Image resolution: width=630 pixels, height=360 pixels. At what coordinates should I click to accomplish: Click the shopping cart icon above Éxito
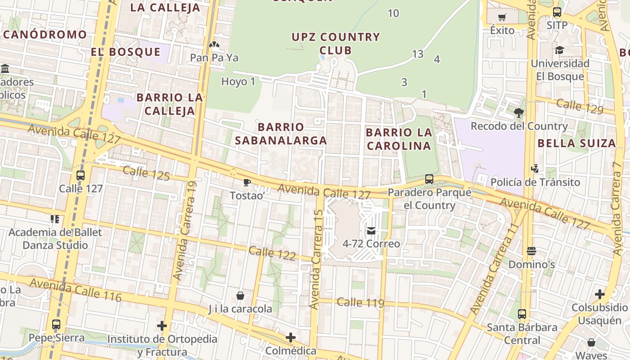pyautogui.click(x=502, y=18)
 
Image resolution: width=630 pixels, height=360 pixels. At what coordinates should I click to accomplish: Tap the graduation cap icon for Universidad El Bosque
pyautogui.click(x=559, y=50)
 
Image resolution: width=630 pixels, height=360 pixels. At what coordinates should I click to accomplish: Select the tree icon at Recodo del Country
pyautogui.click(x=519, y=112)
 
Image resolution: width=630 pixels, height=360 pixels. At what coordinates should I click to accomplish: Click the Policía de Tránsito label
pyautogui.click(x=535, y=182)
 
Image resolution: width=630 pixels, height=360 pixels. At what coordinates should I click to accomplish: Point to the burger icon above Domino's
pyautogui.click(x=531, y=251)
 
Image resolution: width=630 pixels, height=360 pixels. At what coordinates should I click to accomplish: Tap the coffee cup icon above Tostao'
pyautogui.click(x=246, y=182)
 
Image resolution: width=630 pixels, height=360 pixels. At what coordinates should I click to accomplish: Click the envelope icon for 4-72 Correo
pyautogui.click(x=371, y=231)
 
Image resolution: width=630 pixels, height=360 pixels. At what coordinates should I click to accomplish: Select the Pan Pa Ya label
pyautogui.click(x=214, y=58)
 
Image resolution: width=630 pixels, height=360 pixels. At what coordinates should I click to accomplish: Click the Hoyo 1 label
pyautogui.click(x=238, y=81)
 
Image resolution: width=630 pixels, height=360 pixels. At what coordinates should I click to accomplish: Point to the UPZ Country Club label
pyautogui.click(x=336, y=44)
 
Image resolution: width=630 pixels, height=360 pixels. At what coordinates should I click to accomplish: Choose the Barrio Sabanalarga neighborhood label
pyautogui.click(x=281, y=134)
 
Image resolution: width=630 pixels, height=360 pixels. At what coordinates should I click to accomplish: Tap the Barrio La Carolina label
pyautogui.click(x=399, y=139)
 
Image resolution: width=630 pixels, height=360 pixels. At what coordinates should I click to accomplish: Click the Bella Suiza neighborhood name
pyautogui.click(x=576, y=144)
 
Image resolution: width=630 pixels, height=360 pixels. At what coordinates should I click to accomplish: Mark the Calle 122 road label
pyautogui.click(x=272, y=253)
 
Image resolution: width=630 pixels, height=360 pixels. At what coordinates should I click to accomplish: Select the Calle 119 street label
pyautogui.click(x=360, y=302)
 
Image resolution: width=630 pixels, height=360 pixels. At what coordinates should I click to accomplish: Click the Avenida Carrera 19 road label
pyautogui.click(x=185, y=230)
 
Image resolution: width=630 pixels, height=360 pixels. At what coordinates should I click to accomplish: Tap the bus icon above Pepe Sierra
pyautogui.click(x=56, y=324)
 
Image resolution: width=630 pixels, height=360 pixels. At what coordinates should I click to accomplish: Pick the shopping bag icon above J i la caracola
pyautogui.click(x=240, y=296)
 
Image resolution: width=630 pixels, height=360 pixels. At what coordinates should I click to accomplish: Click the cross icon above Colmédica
pyautogui.click(x=291, y=337)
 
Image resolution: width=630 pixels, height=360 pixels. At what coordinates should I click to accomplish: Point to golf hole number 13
pyautogui.click(x=418, y=54)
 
